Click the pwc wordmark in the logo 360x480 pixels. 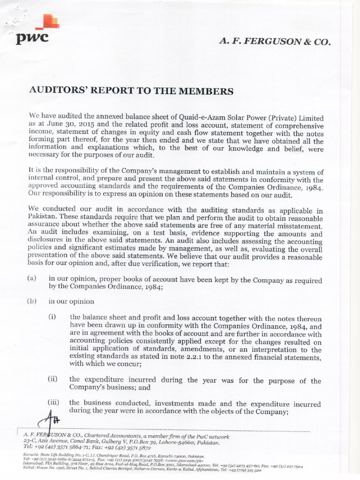pos(32,38)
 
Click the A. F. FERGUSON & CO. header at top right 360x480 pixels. pos(275,41)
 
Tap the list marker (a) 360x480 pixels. pos(32,278)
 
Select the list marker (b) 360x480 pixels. pos(32,301)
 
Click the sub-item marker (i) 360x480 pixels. pos(52,317)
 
